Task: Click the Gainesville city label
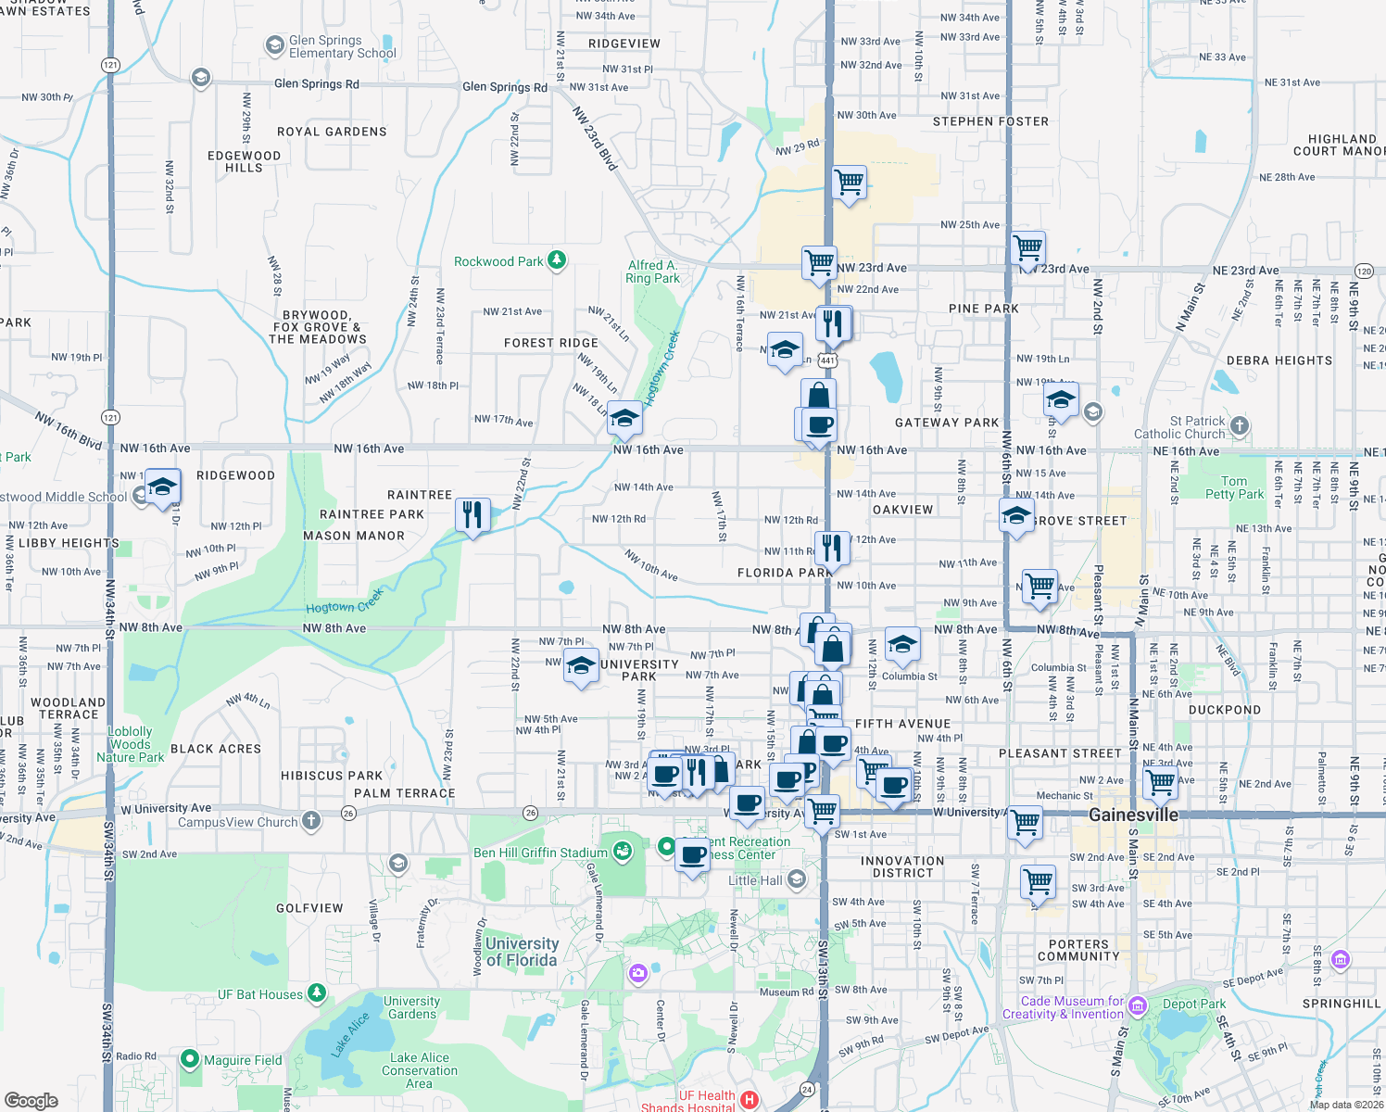[x=1133, y=815]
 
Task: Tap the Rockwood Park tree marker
[x=557, y=260]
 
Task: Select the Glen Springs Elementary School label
[x=342, y=47]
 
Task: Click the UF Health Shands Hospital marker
[x=750, y=1101]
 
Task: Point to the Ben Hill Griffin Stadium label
[x=540, y=853]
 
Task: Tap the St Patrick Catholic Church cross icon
[x=1240, y=426]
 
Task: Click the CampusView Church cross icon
[x=311, y=821]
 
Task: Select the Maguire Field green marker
[x=190, y=1058]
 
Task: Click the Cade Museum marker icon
[x=1139, y=1006]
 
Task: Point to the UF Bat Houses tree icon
[x=317, y=993]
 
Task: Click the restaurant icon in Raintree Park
[x=472, y=514]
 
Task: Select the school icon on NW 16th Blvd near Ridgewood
[x=161, y=487]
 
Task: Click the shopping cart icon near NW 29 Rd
[x=849, y=182]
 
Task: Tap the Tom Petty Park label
[x=1234, y=487]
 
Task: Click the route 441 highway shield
[x=828, y=360]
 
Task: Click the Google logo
[x=31, y=1101]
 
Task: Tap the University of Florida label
[x=522, y=952]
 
